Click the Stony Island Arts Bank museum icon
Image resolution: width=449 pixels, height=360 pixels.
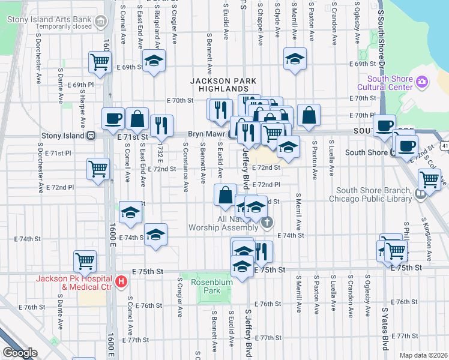[100, 23]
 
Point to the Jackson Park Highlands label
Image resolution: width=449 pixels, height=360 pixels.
[223, 85]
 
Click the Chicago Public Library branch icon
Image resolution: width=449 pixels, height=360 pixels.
[420, 193]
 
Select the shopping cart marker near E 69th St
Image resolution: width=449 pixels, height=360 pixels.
[100, 62]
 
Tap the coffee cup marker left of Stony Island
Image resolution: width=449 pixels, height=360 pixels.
[112, 119]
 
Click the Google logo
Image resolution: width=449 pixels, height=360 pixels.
[20, 353]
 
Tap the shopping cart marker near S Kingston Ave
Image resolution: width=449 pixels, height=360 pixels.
[429, 179]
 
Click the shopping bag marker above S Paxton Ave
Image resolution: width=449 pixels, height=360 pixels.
[309, 115]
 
